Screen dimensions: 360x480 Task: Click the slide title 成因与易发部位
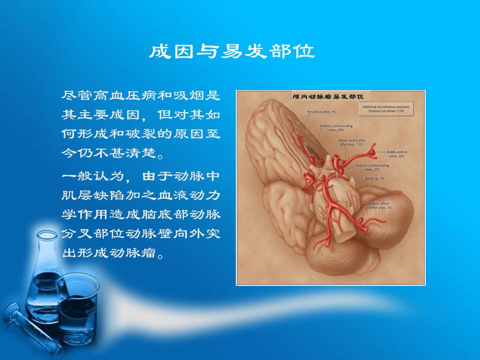232,52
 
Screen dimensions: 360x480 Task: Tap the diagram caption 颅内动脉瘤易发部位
330,97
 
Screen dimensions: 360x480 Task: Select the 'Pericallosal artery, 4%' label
321,112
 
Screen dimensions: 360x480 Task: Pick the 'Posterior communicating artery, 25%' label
371,167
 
